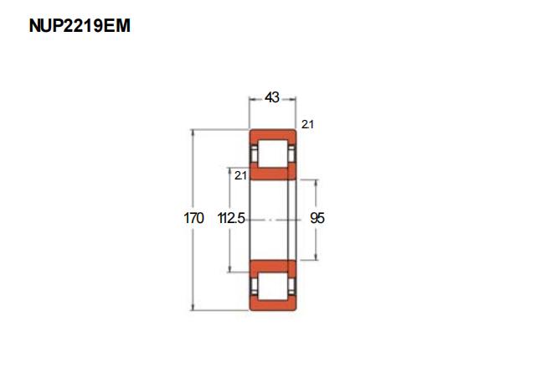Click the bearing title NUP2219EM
(x=80, y=26)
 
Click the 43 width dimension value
(x=272, y=97)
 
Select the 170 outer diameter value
(x=193, y=218)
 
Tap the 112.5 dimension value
(x=231, y=218)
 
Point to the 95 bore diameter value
(x=317, y=218)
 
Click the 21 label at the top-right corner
(x=307, y=124)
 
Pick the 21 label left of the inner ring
(x=240, y=175)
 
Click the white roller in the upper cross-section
(x=272, y=153)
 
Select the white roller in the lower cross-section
(x=272, y=286)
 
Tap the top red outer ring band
(x=272, y=134)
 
